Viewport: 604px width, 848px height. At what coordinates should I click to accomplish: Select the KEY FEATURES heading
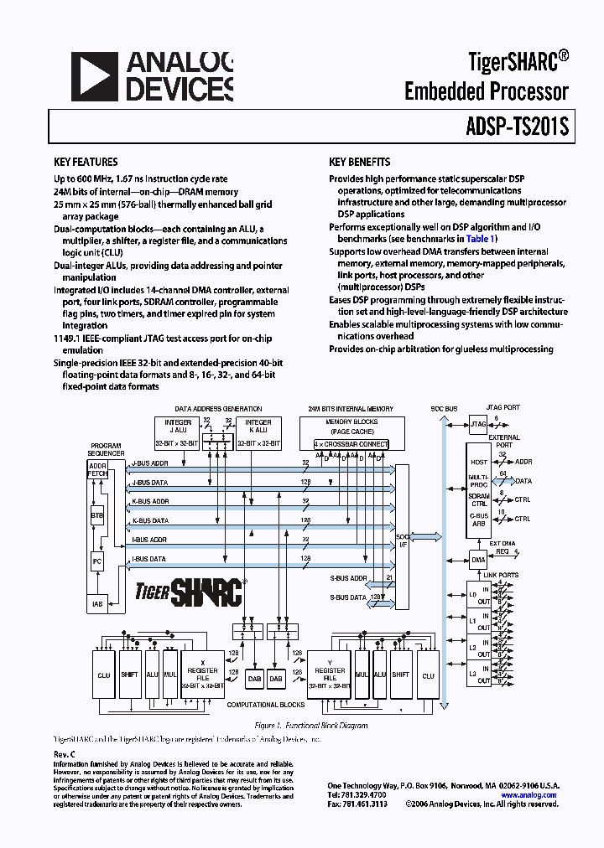click(86, 162)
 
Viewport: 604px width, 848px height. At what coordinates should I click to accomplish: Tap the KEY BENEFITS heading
click(360, 162)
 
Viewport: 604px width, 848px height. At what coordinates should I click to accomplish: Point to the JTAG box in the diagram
click(478, 425)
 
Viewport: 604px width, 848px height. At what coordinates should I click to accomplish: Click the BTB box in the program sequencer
click(97, 516)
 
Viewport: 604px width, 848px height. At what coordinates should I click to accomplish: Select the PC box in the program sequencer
click(97, 561)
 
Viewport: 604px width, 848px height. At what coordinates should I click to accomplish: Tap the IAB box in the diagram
click(97, 603)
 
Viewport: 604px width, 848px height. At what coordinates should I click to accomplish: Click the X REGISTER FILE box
click(202, 674)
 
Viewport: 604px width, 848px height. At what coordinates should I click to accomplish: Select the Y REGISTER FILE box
click(330, 674)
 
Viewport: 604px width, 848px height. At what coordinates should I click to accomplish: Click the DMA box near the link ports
click(478, 560)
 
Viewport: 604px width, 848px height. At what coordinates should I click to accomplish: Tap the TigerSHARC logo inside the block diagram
click(190, 592)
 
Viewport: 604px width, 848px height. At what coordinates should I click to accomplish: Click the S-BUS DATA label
click(347, 597)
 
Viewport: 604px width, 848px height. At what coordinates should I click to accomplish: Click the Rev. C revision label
click(64, 754)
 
